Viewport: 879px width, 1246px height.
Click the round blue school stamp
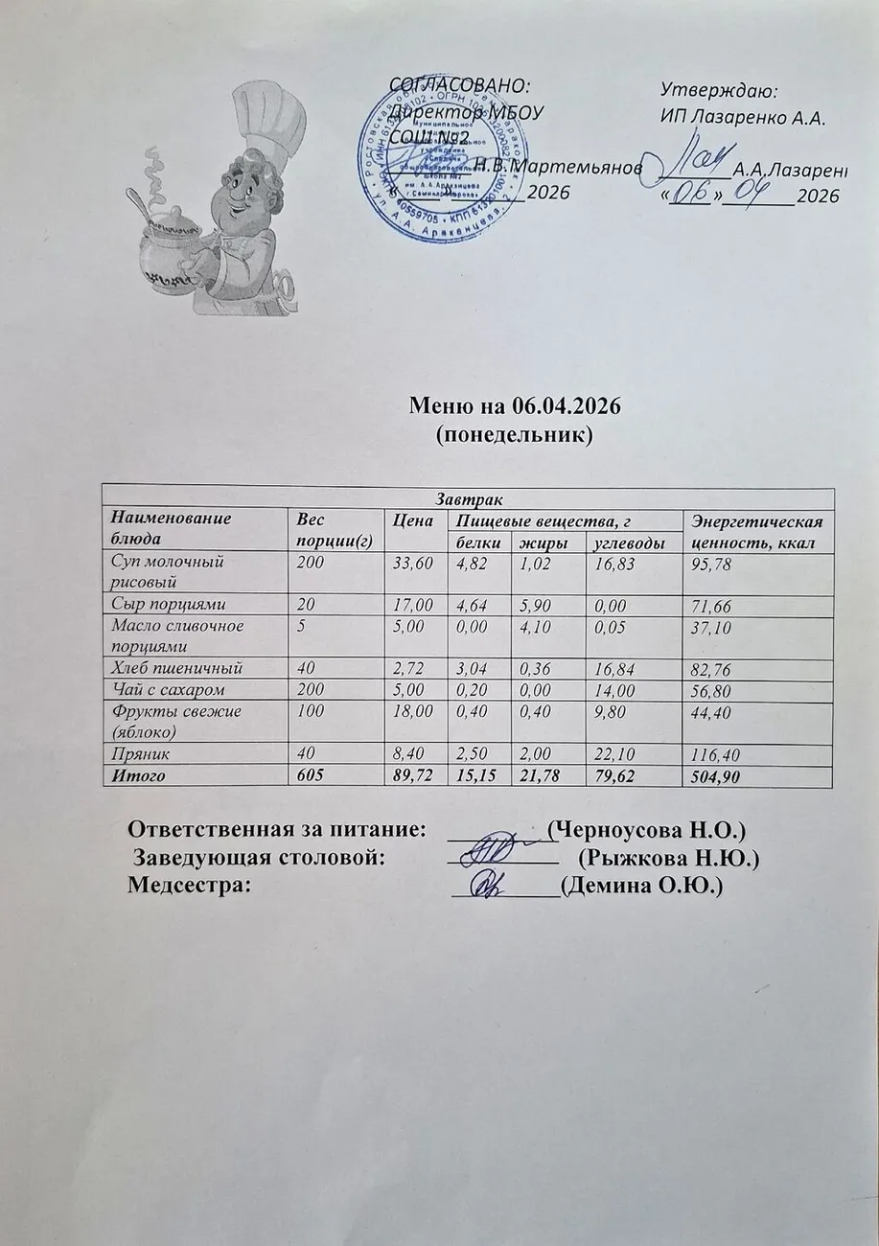click(427, 158)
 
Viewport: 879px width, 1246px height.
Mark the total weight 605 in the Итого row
click(309, 776)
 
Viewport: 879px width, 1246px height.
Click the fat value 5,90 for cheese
click(531, 603)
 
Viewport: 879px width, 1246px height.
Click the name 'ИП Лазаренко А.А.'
click(743, 118)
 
